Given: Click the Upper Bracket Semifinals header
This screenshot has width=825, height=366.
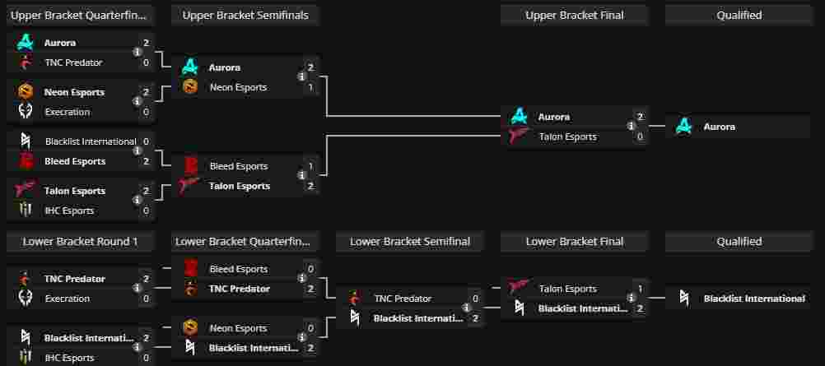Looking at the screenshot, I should coord(245,15).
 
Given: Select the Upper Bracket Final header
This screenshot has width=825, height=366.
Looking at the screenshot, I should coord(574,15).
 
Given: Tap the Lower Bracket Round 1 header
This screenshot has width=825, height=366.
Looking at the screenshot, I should coord(80,241).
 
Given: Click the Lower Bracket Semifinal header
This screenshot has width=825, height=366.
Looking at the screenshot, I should coord(409,241).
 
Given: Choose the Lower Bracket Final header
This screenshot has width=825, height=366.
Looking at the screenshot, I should coord(574,241).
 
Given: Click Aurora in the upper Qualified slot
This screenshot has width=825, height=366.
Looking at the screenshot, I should coord(718,127).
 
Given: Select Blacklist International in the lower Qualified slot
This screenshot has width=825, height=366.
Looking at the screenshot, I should coord(753,299).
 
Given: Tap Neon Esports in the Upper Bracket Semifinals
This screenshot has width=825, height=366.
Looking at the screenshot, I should coord(238,87).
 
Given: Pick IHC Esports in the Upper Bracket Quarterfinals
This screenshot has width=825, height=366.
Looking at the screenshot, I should coord(68,211).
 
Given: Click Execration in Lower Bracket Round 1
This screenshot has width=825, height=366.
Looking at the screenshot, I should coord(67,299).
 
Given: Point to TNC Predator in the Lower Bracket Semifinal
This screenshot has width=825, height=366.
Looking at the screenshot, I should coord(402,299).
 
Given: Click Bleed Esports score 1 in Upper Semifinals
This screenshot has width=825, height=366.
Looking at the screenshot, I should coord(310,166).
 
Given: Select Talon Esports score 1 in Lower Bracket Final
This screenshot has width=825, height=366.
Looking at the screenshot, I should coord(640,289).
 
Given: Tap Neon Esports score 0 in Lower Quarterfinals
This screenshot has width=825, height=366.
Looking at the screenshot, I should coord(310,328).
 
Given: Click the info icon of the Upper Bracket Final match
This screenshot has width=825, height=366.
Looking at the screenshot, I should coord(631,127).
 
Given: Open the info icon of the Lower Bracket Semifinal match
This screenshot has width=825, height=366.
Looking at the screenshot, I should coord(466,308).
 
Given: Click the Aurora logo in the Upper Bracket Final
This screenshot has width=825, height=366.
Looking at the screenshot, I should coord(519,117).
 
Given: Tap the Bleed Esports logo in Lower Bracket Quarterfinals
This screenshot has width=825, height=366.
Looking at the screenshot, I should coord(190,269).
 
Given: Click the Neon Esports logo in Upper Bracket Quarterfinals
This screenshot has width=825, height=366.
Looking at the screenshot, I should coord(26,92).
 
